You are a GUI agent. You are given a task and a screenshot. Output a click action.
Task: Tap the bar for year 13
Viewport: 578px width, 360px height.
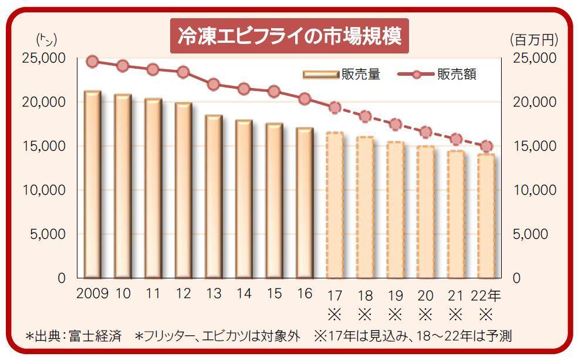(x=213, y=196)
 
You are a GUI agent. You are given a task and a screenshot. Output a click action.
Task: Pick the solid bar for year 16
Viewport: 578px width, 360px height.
(x=304, y=202)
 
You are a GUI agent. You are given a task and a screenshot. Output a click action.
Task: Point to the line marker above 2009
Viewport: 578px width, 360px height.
(x=92, y=62)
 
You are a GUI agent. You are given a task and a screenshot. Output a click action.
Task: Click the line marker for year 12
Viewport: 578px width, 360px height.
(x=183, y=72)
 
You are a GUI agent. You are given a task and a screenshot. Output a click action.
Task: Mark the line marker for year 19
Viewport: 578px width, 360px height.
(x=396, y=124)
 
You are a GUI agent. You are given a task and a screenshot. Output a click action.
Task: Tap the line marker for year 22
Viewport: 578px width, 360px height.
(x=486, y=146)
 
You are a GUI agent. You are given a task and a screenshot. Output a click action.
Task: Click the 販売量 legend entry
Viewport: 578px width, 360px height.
(x=342, y=75)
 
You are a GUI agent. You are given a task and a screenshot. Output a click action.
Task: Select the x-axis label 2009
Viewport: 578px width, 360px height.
(x=92, y=294)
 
